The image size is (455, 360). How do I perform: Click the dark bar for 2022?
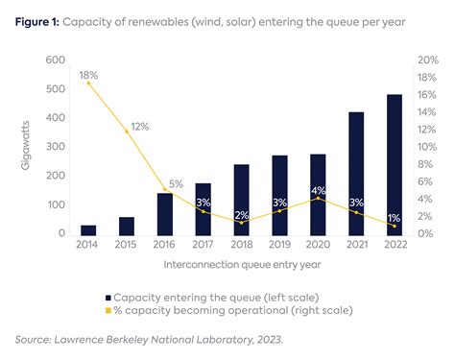pyautogui.click(x=394, y=164)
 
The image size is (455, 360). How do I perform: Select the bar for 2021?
pyautogui.click(x=356, y=173)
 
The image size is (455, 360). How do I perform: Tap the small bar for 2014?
pyautogui.click(x=88, y=229)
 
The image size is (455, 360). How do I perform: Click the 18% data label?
pyautogui.click(x=89, y=73)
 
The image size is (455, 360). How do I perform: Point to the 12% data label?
pyautogui.click(x=140, y=126)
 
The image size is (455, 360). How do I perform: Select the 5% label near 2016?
pyautogui.click(x=176, y=184)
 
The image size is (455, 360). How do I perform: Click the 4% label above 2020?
pyautogui.click(x=318, y=190)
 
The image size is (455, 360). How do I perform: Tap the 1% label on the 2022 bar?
pyautogui.click(x=394, y=217)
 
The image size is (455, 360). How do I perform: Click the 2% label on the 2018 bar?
pyautogui.click(x=241, y=215)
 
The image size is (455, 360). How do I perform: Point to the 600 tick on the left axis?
pyautogui.click(x=54, y=60)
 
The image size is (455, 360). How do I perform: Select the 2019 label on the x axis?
pyautogui.click(x=279, y=246)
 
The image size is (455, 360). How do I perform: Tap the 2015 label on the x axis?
pyautogui.click(x=127, y=246)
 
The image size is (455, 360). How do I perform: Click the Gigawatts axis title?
pyautogui.click(x=26, y=146)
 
